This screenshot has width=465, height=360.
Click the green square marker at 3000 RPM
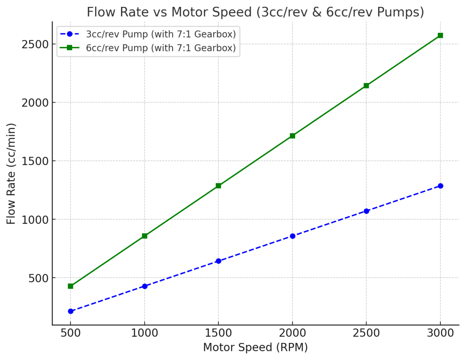(x=440, y=35)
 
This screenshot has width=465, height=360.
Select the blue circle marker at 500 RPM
(x=70, y=311)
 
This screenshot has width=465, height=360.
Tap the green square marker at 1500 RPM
(x=218, y=186)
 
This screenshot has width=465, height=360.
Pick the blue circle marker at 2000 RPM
(x=292, y=236)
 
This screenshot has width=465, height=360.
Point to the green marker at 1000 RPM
(x=145, y=236)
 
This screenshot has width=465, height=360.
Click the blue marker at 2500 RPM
(x=366, y=211)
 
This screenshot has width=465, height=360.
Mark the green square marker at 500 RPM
(x=70, y=286)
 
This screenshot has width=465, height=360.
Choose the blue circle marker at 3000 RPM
(x=440, y=186)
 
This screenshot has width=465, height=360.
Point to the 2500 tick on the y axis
(x=35, y=44)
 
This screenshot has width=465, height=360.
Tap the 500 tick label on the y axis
(x=39, y=278)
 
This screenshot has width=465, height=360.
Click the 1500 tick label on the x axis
(x=218, y=333)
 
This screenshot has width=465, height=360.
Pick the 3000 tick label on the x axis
(x=440, y=333)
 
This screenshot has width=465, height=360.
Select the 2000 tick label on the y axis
(x=35, y=103)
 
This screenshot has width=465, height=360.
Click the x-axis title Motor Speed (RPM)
(x=255, y=348)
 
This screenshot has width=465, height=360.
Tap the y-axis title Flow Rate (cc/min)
(x=11, y=173)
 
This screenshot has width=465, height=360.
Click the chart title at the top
(x=255, y=12)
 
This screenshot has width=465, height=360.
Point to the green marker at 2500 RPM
(x=366, y=85)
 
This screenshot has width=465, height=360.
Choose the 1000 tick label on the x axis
(x=145, y=333)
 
